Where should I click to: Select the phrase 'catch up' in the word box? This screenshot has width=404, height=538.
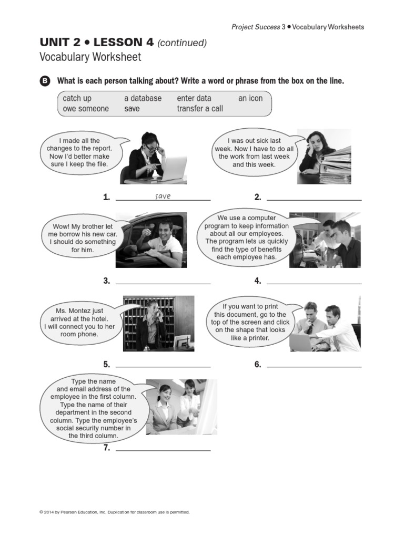point(77,98)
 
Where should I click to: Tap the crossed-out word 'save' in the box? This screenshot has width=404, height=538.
point(132,109)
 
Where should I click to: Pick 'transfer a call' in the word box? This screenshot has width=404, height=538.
point(200,109)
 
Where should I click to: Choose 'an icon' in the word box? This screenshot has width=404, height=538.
point(250,98)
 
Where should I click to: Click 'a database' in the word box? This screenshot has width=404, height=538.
point(143,98)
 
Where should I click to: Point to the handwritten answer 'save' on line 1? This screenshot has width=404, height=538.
point(163,196)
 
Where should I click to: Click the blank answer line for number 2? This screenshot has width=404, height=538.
point(314,200)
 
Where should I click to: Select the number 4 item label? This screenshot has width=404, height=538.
point(258,281)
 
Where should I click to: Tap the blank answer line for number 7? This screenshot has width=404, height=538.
point(163,450)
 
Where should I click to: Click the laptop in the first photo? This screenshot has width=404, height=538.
point(173,168)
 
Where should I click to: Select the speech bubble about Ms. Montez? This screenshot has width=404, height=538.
point(80,323)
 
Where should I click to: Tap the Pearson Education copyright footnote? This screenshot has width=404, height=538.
point(114,512)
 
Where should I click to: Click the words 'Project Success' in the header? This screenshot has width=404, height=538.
point(256,27)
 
